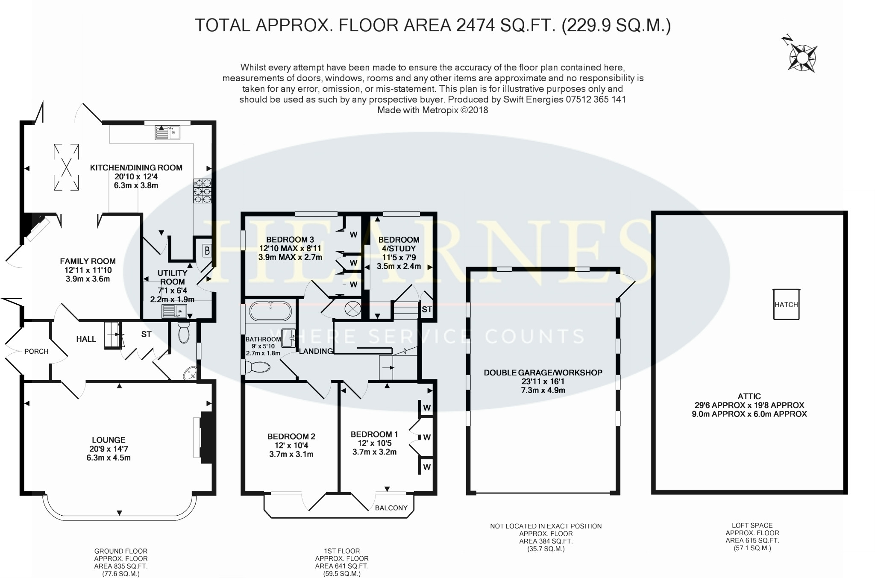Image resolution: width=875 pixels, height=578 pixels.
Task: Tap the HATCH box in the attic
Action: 786,305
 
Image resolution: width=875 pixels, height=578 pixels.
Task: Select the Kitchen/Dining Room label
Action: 136,168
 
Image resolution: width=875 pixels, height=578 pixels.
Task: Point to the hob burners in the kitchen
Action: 203,191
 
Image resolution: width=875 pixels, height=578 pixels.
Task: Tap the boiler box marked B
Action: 207,250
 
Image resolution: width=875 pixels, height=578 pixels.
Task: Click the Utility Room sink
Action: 174,311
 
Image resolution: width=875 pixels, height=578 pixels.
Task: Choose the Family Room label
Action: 88,261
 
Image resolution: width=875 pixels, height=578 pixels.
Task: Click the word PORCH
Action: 36,351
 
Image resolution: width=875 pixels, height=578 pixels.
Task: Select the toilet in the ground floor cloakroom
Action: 184,332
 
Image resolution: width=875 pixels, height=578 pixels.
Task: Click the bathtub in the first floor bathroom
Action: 270,311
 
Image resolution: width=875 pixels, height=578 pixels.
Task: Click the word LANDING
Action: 316,351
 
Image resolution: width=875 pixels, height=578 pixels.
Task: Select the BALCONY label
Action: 391,508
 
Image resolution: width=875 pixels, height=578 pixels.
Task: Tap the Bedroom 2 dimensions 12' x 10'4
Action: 291,445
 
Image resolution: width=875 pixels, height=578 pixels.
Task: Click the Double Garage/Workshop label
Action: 543,373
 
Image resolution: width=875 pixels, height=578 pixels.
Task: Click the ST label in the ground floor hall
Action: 146,334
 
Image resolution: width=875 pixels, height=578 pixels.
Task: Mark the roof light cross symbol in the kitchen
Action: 66,167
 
